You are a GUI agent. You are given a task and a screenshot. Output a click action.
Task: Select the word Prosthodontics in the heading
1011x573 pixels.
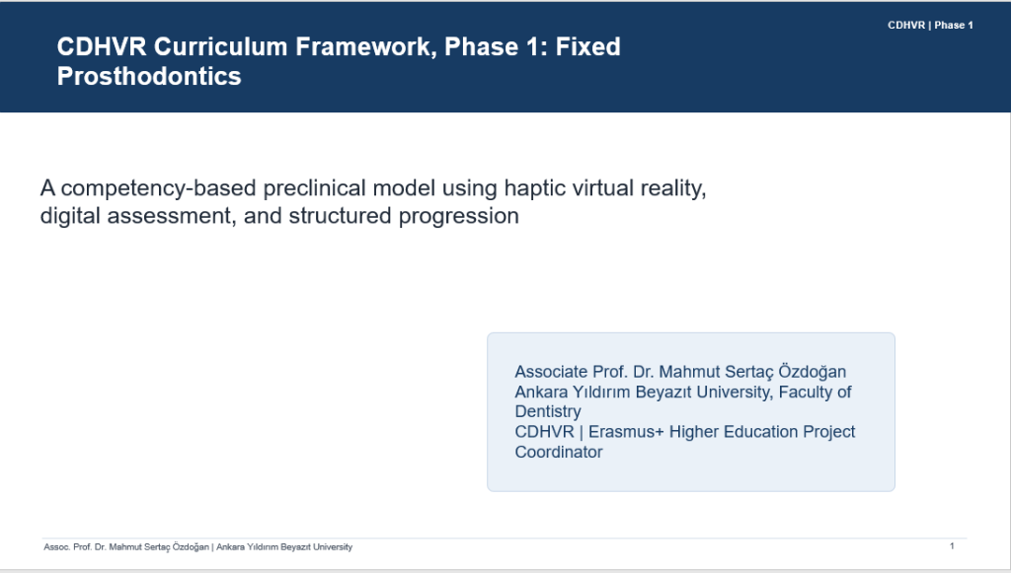tap(149, 77)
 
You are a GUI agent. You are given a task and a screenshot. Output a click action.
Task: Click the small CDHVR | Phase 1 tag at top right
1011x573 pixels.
tap(930, 25)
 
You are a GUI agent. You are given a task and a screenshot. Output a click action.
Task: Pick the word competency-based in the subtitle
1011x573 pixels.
tap(159, 188)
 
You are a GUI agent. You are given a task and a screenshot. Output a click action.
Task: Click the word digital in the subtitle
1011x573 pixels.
tap(70, 216)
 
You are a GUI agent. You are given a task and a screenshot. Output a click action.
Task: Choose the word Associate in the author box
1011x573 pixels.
tap(551, 372)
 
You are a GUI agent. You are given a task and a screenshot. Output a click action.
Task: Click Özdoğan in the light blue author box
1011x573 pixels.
tap(813, 372)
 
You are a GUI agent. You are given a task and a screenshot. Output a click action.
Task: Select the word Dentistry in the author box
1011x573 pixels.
tap(548, 411)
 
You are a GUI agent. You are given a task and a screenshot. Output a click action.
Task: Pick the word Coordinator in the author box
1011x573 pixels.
tap(559, 452)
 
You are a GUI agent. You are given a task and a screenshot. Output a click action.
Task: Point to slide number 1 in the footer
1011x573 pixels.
tap(952, 546)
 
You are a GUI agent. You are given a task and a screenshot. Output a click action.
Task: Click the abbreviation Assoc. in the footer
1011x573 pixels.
tap(56, 547)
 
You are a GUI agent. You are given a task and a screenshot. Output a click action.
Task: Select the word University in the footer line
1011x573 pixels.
tap(333, 547)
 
